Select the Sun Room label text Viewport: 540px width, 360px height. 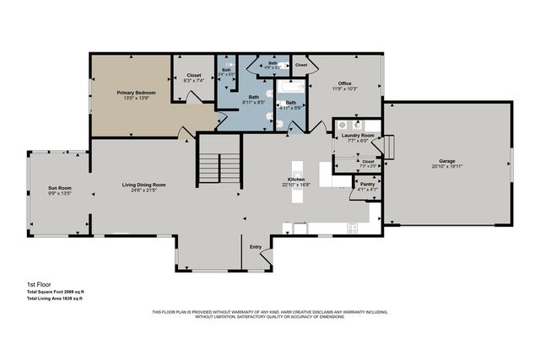coord(59,187)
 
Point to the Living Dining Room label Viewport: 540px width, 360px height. coord(143,185)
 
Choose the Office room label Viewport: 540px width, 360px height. coord(339,83)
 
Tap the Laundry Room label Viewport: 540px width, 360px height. coord(358,136)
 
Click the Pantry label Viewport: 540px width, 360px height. coord(368,184)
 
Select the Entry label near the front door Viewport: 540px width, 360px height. coord(256,247)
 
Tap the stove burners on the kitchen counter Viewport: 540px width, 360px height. coord(353,226)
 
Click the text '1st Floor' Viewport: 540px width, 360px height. coord(38,286)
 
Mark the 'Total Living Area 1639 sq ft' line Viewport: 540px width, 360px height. coord(54,298)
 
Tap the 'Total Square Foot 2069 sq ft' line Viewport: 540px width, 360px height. coord(55,293)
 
